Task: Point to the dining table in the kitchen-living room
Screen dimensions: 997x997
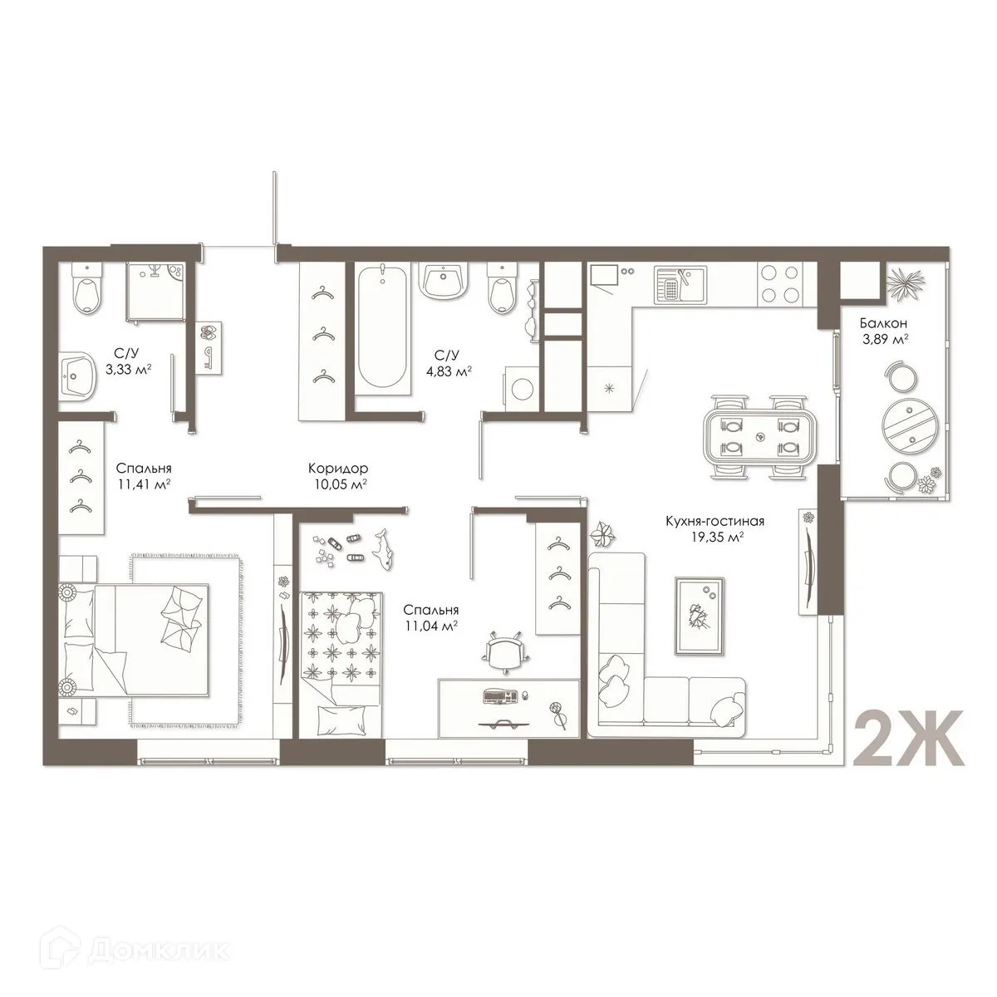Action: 758,436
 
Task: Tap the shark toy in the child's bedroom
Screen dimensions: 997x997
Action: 384,548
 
